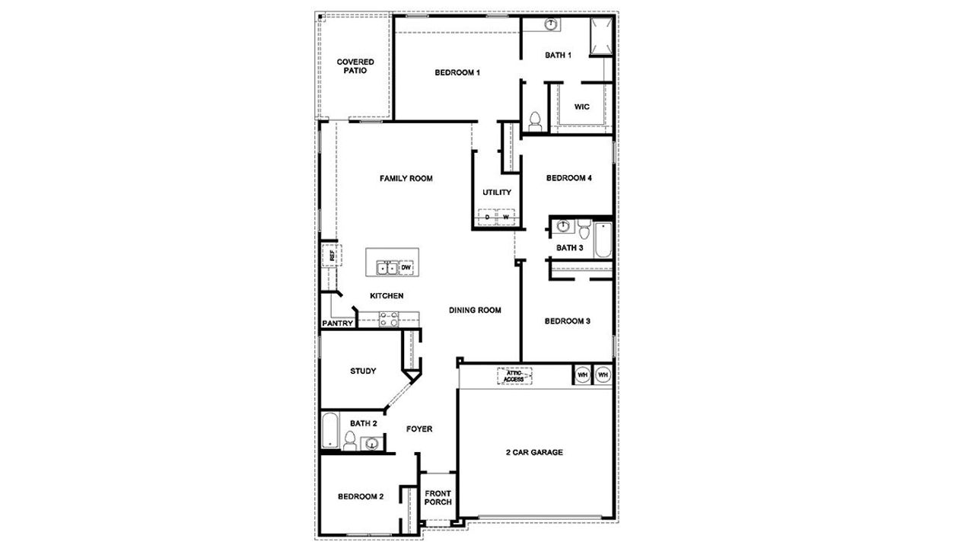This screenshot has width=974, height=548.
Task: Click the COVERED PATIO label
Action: tap(355, 65)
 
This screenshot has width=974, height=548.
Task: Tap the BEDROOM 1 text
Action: tap(457, 73)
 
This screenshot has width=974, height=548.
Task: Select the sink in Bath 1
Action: tap(551, 25)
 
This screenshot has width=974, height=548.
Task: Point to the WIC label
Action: tap(582, 107)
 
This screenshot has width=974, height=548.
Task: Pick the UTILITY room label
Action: tap(496, 193)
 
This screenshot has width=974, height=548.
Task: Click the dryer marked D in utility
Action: tap(488, 218)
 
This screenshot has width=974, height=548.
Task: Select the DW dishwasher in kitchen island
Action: tap(406, 267)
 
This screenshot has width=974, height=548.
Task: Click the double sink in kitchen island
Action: tap(387, 267)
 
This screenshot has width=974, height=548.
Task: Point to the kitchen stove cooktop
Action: tap(389, 318)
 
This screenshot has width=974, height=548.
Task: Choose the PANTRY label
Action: tap(337, 323)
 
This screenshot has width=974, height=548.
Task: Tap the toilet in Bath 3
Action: tap(583, 228)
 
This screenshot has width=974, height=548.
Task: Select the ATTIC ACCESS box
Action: tap(514, 376)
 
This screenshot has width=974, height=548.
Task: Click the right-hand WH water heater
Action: tap(603, 375)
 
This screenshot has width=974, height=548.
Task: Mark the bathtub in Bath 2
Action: tap(329, 431)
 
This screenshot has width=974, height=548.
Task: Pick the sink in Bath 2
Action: tap(371, 443)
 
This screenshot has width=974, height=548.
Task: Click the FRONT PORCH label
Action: tap(438, 498)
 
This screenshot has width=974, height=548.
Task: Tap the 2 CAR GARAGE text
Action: tap(534, 452)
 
